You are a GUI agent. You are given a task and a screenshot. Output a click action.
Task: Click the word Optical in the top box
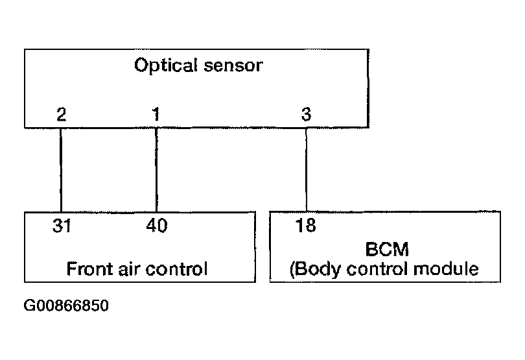pos(166,66)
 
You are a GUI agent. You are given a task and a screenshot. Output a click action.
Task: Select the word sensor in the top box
pos(233,66)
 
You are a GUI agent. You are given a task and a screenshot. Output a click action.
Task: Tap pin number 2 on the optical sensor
pos(62,114)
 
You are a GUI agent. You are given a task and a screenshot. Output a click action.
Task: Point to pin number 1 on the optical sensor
pos(156,114)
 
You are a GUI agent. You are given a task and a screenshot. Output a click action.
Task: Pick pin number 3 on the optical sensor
pos(306,114)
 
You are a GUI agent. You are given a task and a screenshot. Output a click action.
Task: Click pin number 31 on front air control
pos(62,226)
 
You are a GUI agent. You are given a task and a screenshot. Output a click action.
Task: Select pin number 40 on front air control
pos(157,225)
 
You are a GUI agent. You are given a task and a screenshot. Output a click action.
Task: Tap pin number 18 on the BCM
pos(305,225)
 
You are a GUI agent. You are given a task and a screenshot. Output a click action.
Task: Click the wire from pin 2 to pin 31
pos(61,170)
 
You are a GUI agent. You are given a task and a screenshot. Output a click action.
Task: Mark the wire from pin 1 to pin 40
pos(156,170)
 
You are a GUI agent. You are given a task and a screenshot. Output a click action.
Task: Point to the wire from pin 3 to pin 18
pos(307,170)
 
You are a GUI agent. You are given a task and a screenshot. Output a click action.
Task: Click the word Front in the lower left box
pos(89,269)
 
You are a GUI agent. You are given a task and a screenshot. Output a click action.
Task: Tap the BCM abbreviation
pos(387,249)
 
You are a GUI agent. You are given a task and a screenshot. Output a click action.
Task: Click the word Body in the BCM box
pos(318,269)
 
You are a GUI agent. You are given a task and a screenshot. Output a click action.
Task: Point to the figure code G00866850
pos(66,306)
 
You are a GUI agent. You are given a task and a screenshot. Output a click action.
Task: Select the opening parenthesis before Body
pos(292,270)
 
